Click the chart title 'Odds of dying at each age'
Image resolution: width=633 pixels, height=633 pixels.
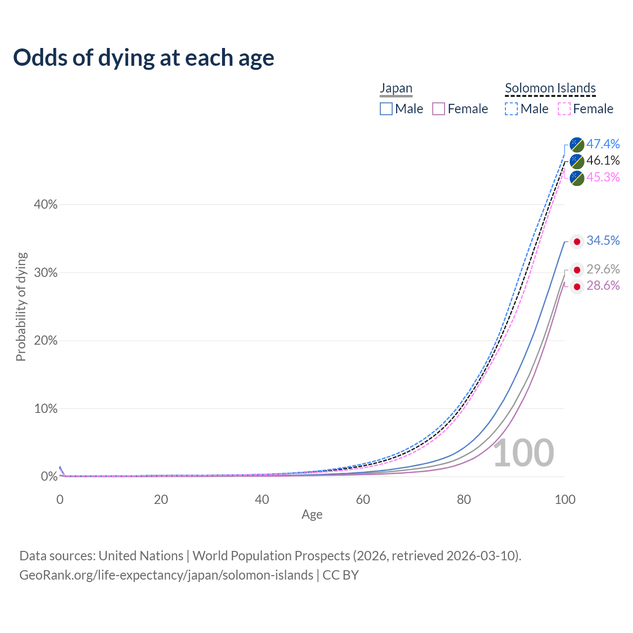pyautogui.click(x=143, y=58)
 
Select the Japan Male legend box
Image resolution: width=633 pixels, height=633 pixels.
pyautogui.click(x=386, y=109)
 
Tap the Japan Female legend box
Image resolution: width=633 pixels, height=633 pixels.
pyautogui.click(x=439, y=109)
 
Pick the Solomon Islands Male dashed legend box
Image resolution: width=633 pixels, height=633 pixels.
pyautogui.click(x=511, y=109)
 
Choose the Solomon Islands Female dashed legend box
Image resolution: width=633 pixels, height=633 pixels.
pyautogui.click(x=564, y=109)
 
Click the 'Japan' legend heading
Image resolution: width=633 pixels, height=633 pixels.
pyautogui.click(x=396, y=88)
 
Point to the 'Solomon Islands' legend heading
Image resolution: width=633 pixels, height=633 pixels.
pyautogui.click(x=550, y=88)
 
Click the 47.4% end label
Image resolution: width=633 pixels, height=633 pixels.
pyautogui.click(x=603, y=144)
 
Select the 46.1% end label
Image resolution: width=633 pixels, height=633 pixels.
pyautogui.click(x=603, y=160)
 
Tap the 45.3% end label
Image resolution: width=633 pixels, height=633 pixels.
pyautogui.click(x=603, y=177)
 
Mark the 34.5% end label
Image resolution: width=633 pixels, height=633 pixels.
pyautogui.click(x=603, y=240)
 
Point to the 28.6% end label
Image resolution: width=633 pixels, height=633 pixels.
pyautogui.click(x=603, y=285)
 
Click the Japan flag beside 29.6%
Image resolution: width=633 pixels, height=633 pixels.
pyautogui.click(x=577, y=270)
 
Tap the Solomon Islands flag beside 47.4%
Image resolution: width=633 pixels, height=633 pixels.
pyautogui.click(x=577, y=144)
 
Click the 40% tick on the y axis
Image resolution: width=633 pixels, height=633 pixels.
pyautogui.click(x=45, y=204)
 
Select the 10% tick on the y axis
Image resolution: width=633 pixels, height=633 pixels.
pyautogui.click(x=45, y=408)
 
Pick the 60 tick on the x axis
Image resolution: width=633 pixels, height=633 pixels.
pyautogui.click(x=363, y=499)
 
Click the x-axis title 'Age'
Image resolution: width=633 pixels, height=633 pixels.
pyautogui.click(x=312, y=514)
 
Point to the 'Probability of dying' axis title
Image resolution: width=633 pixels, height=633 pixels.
pyautogui.click(x=21, y=307)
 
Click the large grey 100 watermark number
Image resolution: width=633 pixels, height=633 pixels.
pyautogui.click(x=523, y=453)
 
